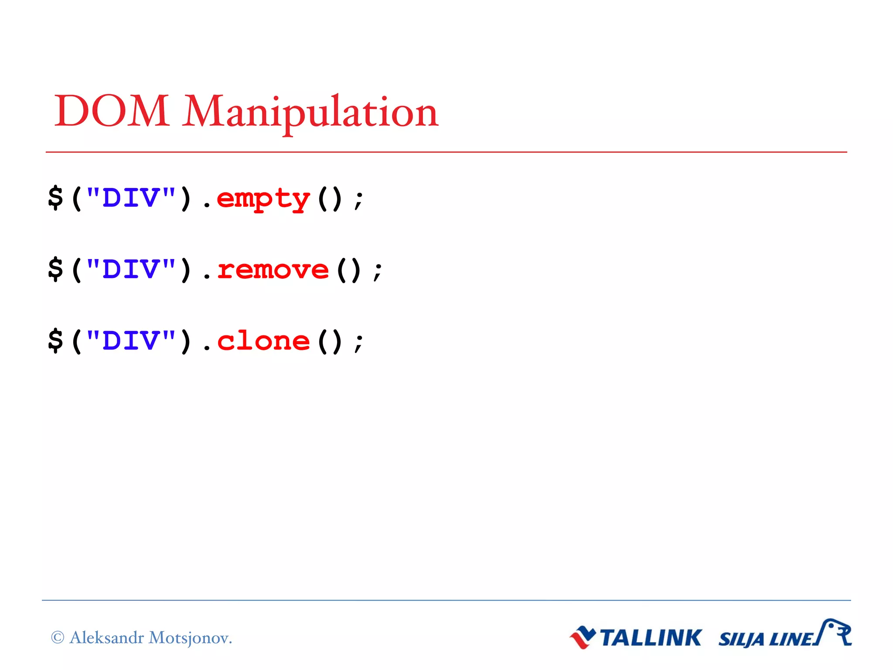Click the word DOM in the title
(112, 111)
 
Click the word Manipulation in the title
(310, 113)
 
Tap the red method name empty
(263, 199)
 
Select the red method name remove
(273, 270)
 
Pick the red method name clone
(263, 341)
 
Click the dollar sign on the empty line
(56, 198)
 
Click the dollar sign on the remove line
(56, 269)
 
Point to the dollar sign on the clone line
(56, 340)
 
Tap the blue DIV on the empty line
(131, 198)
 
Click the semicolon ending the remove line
(378, 272)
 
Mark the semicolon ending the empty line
(359, 201)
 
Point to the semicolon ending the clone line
(359, 343)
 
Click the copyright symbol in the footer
(58, 637)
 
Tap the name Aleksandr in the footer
(106, 637)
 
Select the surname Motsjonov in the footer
(190, 638)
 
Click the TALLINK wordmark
(651, 638)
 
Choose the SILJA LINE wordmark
(766, 639)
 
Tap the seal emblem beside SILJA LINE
(836, 632)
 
